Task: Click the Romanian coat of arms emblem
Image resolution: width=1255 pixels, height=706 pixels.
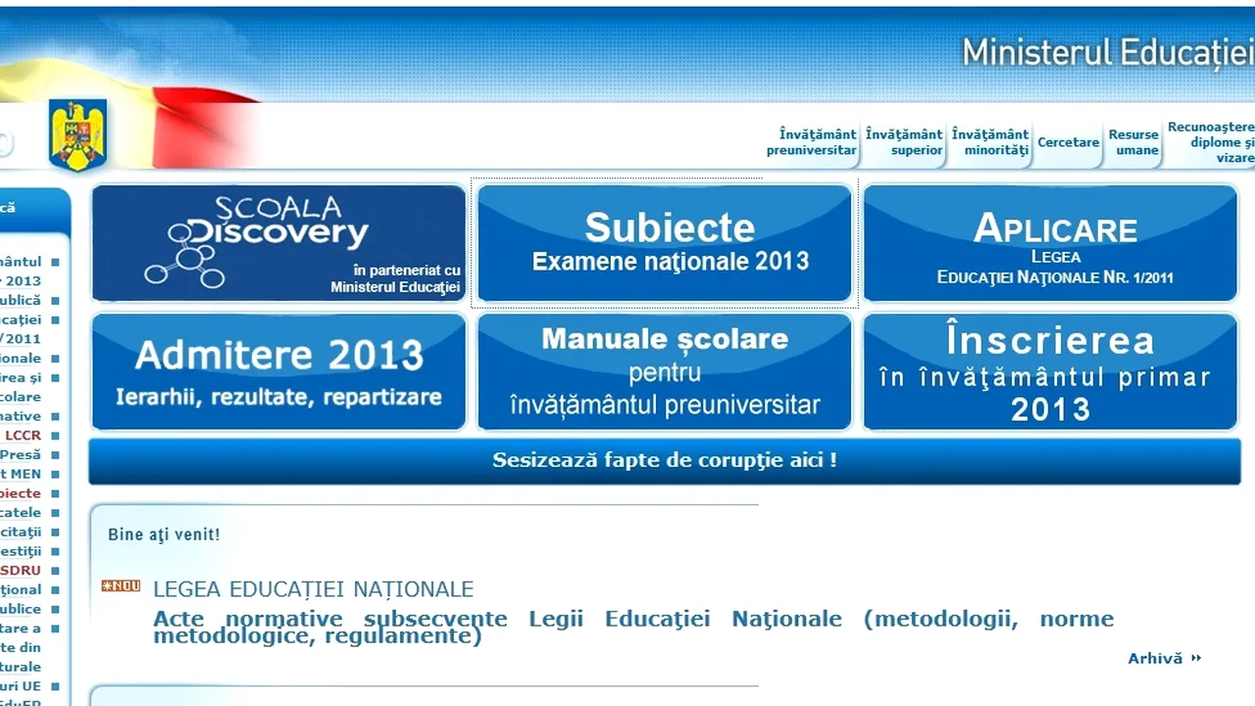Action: click(77, 135)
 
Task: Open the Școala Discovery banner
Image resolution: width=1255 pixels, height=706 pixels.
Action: click(278, 242)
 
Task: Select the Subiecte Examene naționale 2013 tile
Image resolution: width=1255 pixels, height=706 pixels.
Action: click(665, 242)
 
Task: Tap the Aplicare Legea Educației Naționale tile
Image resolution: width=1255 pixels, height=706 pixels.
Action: click(1050, 242)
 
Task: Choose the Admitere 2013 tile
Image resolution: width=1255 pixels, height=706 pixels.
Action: click(278, 372)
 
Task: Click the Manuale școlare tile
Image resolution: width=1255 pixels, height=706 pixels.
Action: click(665, 372)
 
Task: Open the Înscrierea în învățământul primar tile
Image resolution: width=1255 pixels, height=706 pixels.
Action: click(1050, 372)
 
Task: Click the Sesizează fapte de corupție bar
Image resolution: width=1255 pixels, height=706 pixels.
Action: click(665, 460)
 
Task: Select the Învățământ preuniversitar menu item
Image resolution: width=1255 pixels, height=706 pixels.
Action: click(812, 142)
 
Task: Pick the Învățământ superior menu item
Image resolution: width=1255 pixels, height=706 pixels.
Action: click(904, 142)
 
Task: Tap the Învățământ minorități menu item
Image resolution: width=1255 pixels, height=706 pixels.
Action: click(990, 142)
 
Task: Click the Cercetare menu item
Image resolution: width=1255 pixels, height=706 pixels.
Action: click(1069, 142)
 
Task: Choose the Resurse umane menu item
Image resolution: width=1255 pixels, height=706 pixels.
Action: click(1133, 142)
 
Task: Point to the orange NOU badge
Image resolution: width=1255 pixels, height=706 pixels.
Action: click(121, 586)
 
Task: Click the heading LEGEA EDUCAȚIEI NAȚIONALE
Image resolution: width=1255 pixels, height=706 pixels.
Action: click(313, 589)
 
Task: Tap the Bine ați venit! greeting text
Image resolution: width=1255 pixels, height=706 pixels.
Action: click(164, 534)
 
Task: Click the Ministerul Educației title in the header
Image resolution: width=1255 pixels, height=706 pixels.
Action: click(1107, 52)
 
